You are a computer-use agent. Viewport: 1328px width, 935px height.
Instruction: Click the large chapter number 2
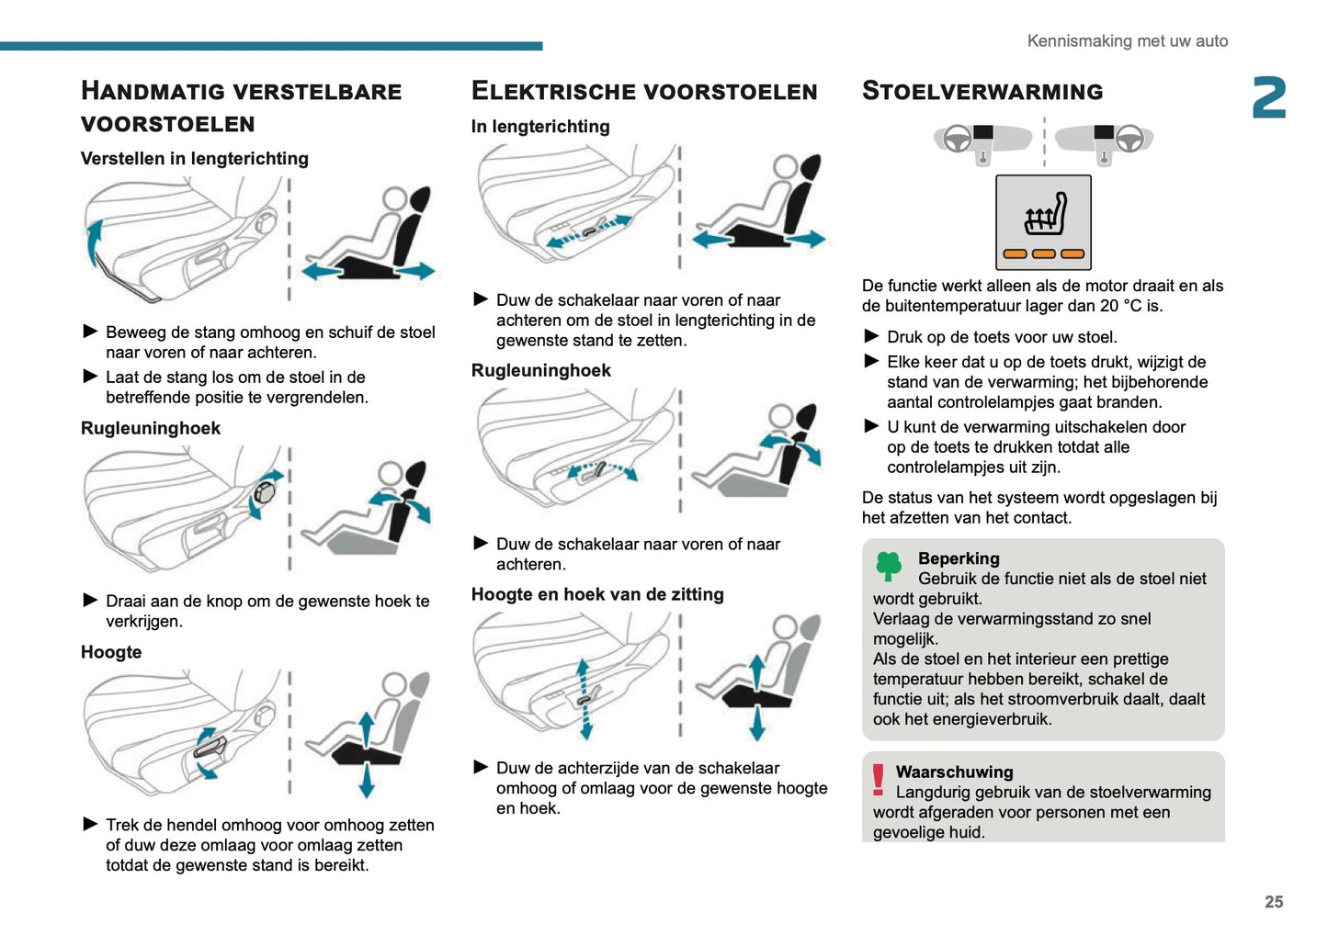1268,98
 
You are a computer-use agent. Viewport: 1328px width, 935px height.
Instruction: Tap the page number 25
1273,902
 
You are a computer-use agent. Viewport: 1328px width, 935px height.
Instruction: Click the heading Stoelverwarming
982,91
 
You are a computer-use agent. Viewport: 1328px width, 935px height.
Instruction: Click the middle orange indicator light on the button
1044,254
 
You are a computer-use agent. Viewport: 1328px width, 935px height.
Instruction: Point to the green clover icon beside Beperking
889,566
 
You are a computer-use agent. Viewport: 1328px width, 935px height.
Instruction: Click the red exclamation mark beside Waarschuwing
879,780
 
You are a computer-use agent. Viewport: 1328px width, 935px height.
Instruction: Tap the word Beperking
958,558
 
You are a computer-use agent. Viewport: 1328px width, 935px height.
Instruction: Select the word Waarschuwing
954,772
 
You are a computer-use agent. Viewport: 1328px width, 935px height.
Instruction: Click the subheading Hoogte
111,652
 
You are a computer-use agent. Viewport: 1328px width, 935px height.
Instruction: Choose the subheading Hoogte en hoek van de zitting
597,594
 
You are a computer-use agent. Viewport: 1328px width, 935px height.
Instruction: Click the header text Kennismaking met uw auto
1127,41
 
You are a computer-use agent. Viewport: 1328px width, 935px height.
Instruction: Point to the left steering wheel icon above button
958,139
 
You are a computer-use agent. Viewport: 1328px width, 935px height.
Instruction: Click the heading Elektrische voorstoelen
643,91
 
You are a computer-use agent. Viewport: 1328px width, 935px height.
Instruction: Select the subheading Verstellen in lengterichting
194,159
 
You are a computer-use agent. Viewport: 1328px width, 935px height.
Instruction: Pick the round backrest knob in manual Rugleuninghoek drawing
265,492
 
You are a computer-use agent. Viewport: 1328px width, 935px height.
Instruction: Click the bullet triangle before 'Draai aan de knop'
90,600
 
